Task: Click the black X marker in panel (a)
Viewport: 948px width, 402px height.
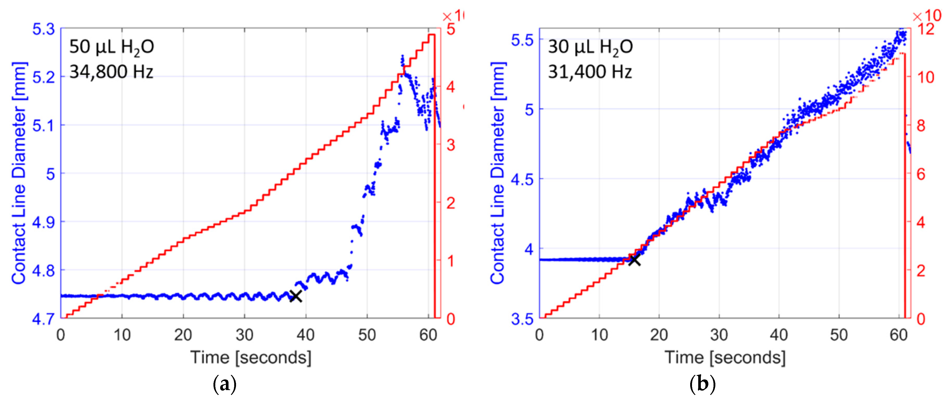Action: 295,296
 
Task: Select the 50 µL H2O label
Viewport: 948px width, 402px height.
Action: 112,47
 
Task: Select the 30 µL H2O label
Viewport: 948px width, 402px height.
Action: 590,47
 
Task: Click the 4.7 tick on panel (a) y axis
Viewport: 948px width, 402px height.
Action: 43,319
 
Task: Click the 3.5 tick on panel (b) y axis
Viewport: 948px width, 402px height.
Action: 522,319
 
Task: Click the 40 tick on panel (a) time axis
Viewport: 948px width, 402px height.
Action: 306,335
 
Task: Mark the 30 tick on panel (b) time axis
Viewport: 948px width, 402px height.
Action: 719,335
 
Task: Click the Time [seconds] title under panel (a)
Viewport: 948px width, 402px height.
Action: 251,357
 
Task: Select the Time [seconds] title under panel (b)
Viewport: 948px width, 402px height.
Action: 725,357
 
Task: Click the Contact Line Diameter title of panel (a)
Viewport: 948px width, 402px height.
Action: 19,173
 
